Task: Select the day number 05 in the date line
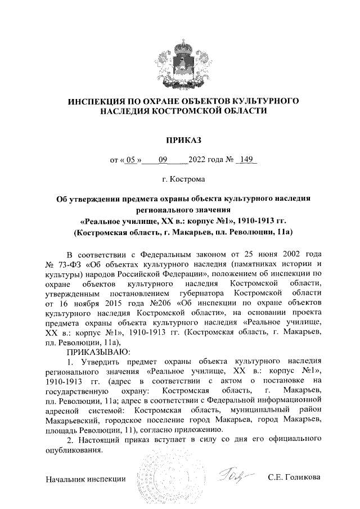[132, 159]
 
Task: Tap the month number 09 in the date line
[164, 159]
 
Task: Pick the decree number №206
[148, 302]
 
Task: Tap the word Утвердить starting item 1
[98, 361]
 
